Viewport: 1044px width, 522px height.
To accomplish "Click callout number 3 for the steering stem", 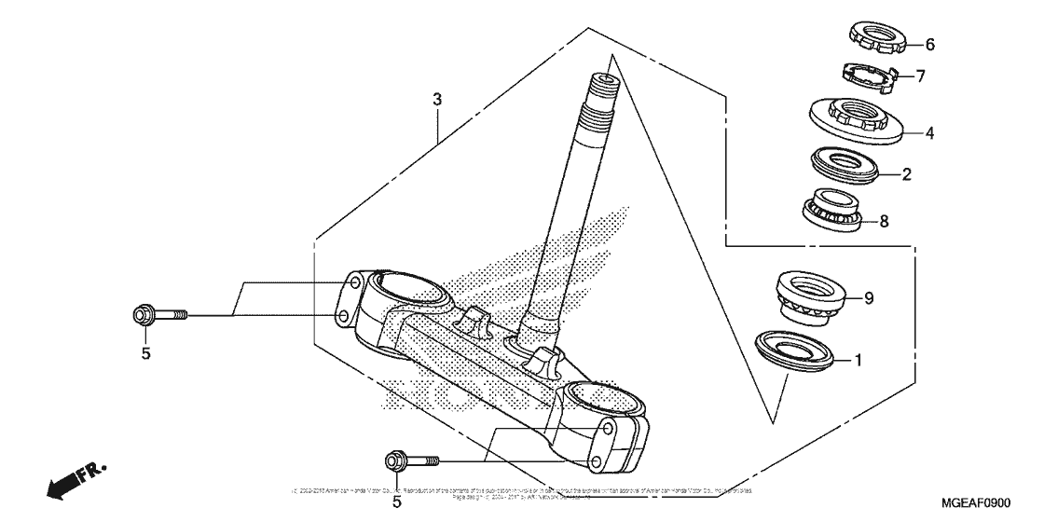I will (x=436, y=100).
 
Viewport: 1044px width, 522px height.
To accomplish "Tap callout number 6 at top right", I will (x=928, y=44).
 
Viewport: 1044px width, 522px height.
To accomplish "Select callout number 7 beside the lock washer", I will (x=920, y=76).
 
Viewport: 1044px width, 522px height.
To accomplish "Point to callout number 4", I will (x=928, y=133).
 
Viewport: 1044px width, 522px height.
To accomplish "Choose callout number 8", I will (x=884, y=221).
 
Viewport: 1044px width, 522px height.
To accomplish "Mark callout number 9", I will (x=868, y=298).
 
